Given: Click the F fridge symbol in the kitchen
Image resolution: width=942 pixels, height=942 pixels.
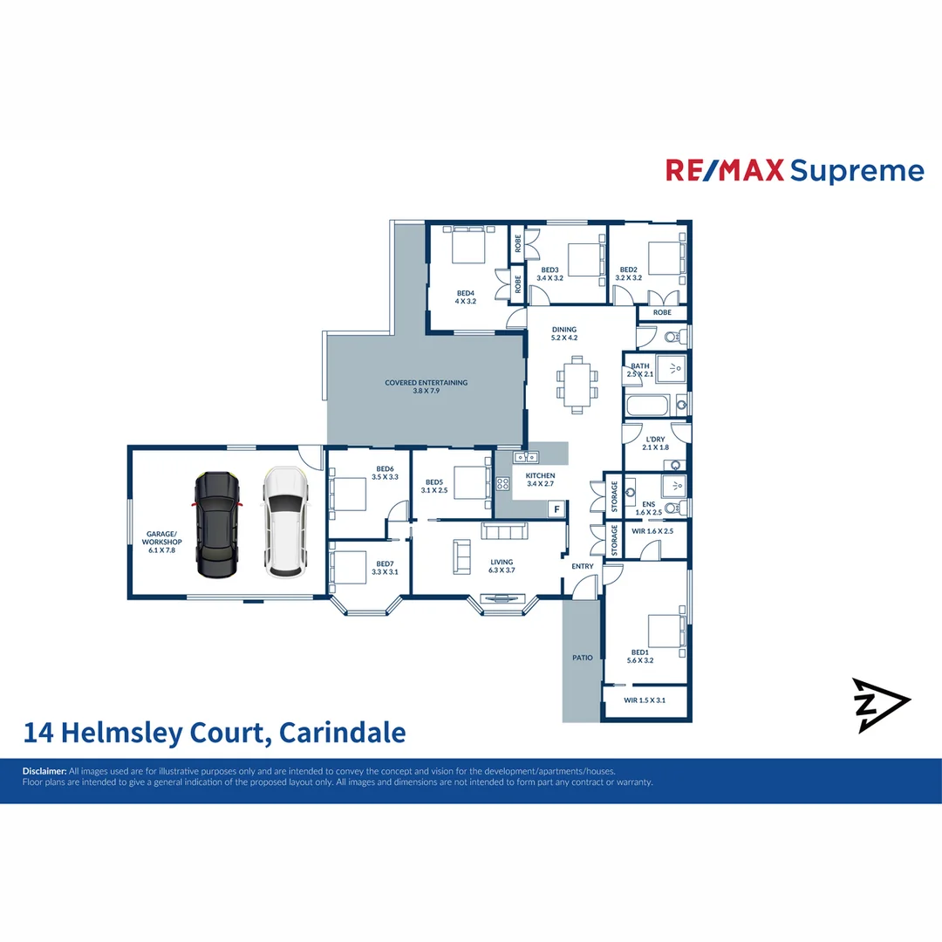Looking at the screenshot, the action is [556, 508].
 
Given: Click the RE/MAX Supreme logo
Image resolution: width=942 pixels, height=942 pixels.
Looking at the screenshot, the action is [795, 170].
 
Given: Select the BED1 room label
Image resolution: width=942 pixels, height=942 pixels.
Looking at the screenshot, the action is [640, 656].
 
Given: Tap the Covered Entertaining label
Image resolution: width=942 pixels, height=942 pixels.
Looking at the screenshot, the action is [427, 386].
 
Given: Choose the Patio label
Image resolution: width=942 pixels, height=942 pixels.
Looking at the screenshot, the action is [582, 658].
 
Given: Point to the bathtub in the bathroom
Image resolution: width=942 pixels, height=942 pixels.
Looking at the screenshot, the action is [647, 406].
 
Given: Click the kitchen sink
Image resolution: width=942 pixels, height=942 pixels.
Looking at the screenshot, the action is [525, 457].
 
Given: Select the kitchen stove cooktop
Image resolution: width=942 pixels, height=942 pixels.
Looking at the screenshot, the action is [502, 484].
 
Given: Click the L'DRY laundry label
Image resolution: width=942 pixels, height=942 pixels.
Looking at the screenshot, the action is [655, 443].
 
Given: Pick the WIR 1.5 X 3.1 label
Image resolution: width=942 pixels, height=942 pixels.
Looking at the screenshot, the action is [645, 700].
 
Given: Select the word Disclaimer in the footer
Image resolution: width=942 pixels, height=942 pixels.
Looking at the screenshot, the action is [44, 771].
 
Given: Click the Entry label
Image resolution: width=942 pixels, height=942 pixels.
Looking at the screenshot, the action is [582, 566].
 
